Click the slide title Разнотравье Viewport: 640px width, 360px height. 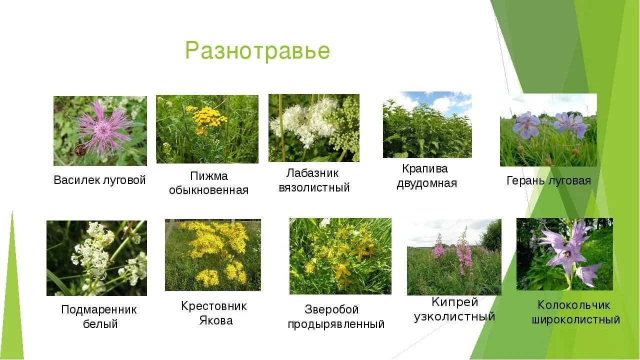pos(257,51)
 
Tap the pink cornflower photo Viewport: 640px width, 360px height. pos(100,131)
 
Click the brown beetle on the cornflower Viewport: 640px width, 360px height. pos(80,149)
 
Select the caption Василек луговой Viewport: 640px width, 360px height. pos(99,180)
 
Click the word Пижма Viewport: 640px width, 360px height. pos(209,176)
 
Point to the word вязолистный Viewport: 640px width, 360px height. pos(314,188)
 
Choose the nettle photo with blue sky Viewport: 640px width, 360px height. pos(427,124)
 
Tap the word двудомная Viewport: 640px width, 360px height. pos(427,183)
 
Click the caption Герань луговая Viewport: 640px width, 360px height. pos(548,180)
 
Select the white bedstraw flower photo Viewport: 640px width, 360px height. pos(96,258)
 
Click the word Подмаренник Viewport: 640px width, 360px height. pos(99,310)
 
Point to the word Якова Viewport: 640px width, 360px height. pos(215,320)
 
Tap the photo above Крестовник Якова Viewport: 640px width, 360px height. pos(213,255)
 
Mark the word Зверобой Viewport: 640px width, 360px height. pos(331,309)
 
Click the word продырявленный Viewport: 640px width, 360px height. pos(336,324)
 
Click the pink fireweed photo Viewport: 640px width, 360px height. pos(454,257)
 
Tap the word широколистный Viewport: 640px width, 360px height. pos(575,319)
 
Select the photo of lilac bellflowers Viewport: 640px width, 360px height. pos(564,254)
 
